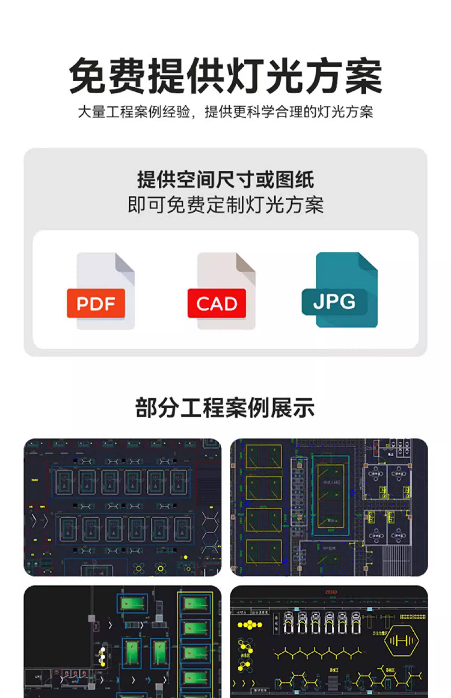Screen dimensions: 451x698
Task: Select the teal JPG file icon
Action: pos(340,290)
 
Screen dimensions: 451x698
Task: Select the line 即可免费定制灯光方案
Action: pos(225,205)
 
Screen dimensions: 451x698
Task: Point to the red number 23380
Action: pos(331,592)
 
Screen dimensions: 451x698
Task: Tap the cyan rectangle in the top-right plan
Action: pos(331,495)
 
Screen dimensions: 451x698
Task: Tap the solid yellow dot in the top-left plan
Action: pos(186,557)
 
